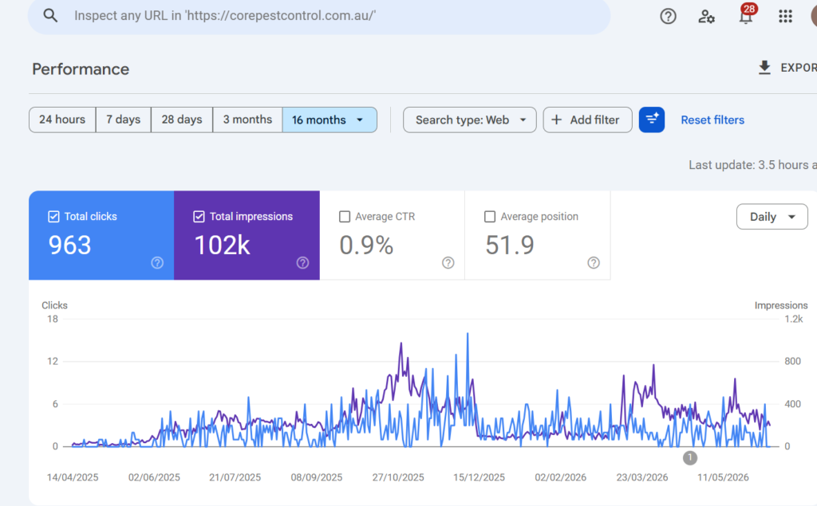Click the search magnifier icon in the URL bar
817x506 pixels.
(x=50, y=16)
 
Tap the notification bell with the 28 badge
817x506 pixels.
(x=746, y=16)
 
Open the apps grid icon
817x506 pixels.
(x=785, y=16)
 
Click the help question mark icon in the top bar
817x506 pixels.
(x=668, y=16)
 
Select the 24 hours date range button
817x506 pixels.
(x=62, y=120)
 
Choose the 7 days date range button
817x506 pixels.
(x=124, y=120)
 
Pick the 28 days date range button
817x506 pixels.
(x=182, y=120)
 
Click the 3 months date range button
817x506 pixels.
(x=247, y=120)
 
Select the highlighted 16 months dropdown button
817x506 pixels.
(x=330, y=120)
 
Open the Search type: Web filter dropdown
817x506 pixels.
(x=469, y=120)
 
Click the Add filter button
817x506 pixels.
(x=587, y=120)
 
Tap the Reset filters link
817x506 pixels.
(x=712, y=120)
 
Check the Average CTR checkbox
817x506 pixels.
(x=345, y=217)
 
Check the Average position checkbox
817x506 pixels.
(x=490, y=217)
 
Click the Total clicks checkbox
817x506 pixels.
(x=53, y=217)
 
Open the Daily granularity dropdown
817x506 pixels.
(x=772, y=217)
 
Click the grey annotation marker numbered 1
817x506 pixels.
(x=690, y=457)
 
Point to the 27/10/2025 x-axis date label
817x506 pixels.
(x=398, y=477)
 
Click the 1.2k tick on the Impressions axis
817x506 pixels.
(x=794, y=319)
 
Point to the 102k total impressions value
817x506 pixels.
(x=222, y=245)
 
